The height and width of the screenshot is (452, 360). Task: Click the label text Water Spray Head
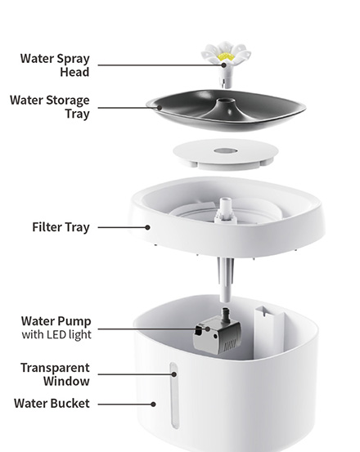tap(55, 65)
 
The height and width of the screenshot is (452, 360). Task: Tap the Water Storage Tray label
tap(50, 106)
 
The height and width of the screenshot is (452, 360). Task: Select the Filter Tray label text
tap(61, 227)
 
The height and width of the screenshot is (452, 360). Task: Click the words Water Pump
tap(56, 321)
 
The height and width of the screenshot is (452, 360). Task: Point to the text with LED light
tap(56, 334)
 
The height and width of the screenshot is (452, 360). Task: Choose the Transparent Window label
tap(55, 374)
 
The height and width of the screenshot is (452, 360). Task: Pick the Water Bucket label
tap(52, 403)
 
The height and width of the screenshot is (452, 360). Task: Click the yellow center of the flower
tap(224, 56)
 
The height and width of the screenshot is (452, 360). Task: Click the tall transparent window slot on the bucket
tap(173, 396)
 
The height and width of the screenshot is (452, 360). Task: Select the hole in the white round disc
tap(226, 150)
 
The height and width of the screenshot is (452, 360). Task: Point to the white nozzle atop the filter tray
tap(226, 209)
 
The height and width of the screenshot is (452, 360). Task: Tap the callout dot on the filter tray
tap(147, 227)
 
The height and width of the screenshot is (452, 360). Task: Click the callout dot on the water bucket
tap(154, 404)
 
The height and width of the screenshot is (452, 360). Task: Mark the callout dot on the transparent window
tap(174, 374)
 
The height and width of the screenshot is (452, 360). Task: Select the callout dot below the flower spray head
tap(224, 65)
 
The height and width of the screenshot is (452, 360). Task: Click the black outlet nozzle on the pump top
tap(225, 312)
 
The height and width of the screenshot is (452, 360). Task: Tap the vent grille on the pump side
tap(230, 345)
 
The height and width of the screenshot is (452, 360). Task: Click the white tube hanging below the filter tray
tap(225, 280)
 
